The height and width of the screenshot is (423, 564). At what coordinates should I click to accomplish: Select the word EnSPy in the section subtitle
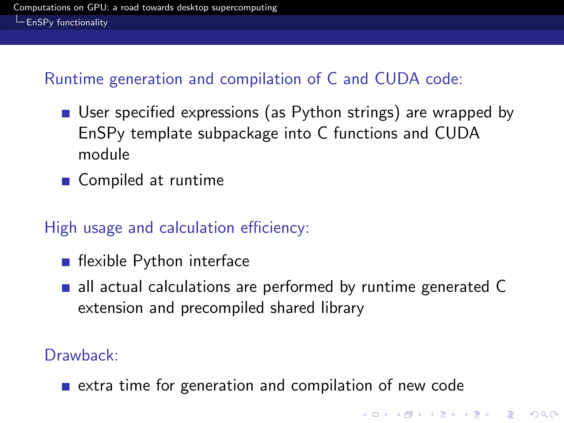[x=40, y=23]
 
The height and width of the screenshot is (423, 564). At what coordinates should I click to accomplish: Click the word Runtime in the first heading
[x=74, y=79]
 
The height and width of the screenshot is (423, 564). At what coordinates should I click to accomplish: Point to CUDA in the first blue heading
[x=397, y=79]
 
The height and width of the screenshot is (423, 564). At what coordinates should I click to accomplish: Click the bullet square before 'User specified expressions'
[x=66, y=113]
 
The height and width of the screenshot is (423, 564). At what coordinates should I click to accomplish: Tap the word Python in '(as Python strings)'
[x=316, y=113]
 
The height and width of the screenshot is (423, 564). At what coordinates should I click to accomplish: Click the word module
[x=104, y=154]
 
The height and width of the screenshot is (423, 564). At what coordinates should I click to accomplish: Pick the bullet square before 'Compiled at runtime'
[x=66, y=181]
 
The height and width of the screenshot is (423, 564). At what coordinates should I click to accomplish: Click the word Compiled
[x=111, y=181]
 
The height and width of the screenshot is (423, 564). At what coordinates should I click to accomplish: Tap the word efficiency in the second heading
[x=275, y=228]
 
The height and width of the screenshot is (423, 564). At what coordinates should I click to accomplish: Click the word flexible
[x=102, y=261]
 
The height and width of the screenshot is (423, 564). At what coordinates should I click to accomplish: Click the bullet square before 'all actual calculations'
[x=66, y=288]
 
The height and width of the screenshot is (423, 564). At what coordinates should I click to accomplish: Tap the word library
[x=342, y=308]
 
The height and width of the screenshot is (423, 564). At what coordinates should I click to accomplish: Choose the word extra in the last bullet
[x=95, y=386]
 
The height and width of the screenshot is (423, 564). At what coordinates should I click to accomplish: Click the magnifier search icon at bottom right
[x=544, y=414]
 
